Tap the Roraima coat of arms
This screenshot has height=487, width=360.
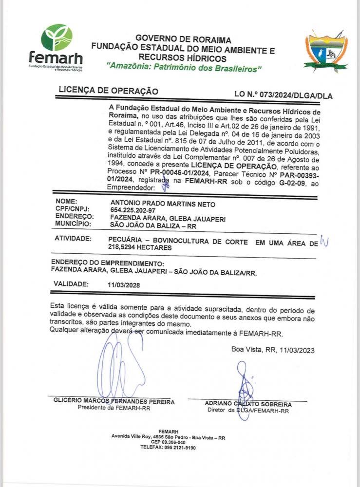coord(325,50)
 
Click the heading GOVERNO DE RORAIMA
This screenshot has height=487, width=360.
coord(183,39)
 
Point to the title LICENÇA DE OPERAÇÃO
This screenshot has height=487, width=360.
coord(108,91)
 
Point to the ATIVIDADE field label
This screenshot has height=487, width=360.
coord(73,239)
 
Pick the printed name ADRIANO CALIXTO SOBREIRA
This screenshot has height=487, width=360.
coord(248,404)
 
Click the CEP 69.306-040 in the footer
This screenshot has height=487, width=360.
coord(168,442)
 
